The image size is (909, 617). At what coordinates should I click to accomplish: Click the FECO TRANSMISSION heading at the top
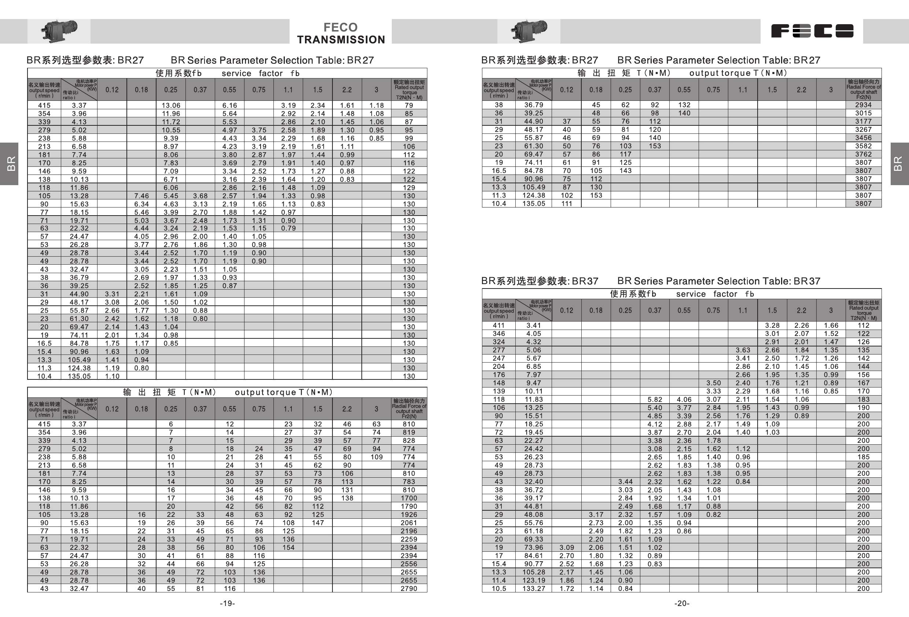[341, 33]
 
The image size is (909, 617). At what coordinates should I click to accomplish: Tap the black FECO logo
[812, 31]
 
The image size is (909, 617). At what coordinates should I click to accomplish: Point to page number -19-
[227, 603]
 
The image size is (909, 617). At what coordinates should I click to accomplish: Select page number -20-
[682, 603]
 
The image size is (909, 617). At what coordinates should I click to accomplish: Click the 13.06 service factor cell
[171, 105]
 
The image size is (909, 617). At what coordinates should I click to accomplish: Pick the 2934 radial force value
[863, 105]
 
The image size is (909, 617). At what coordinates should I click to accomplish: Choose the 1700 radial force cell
[409, 498]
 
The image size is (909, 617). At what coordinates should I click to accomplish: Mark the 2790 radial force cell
[409, 588]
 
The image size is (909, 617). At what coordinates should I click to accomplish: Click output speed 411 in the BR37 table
[499, 326]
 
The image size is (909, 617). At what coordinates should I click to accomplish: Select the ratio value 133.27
[534, 588]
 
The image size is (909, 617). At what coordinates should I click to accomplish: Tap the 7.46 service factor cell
[141, 196]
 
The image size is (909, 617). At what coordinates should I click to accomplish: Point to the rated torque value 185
[863, 457]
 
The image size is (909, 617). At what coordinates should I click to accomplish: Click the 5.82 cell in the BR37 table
[655, 400]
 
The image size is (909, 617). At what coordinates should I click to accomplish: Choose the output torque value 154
[288, 547]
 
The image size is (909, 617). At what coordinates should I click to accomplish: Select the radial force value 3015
[863, 113]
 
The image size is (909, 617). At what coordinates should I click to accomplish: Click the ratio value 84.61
[534, 555]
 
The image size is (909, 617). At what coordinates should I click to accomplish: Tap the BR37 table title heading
[651, 281]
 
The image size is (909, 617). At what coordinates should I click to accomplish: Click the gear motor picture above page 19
[59, 30]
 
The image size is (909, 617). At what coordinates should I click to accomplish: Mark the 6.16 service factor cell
[229, 105]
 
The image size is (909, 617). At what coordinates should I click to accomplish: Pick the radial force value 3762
[863, 154]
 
